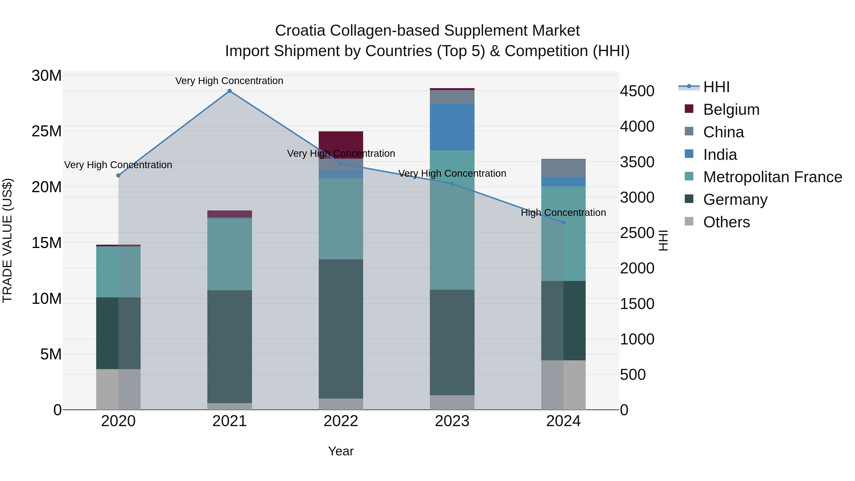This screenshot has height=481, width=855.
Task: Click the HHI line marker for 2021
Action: pos(229,91)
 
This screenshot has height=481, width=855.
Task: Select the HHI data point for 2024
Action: pos(563,223)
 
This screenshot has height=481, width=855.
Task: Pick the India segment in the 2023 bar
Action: pos(452,127)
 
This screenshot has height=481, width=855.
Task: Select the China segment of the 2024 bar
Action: pos(563,168)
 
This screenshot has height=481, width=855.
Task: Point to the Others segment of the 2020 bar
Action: pos(118,389)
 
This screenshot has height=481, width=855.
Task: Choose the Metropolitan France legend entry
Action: pos(772,177)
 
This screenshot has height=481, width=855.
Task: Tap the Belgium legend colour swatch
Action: pos(689,109)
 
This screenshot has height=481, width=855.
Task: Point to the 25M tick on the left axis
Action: pos(47,131)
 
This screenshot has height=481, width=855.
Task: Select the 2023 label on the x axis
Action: pos(452,421)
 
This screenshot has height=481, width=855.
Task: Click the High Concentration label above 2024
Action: pos(563,212)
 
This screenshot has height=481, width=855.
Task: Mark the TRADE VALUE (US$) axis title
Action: pos(7,240)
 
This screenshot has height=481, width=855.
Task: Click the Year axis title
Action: pos(341,451)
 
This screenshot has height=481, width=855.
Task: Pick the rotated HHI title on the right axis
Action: pos(663,240)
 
